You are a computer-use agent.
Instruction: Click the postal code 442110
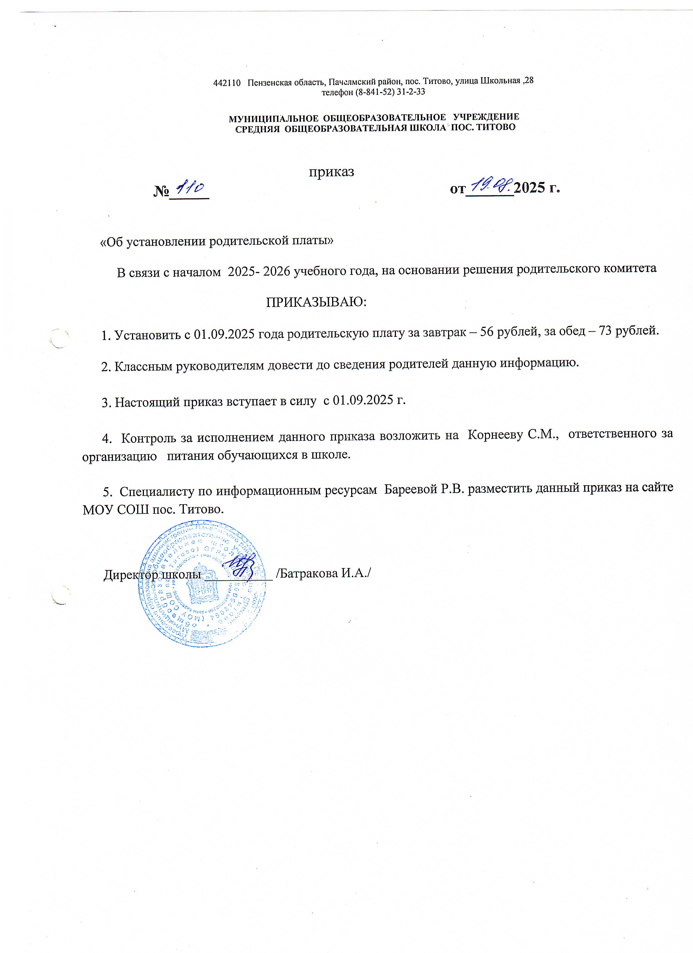click(x=226, y=83)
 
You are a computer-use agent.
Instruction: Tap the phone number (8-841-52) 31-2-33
click(x=390, y=92)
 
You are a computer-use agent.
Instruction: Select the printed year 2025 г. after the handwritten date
click(x=537, y=188)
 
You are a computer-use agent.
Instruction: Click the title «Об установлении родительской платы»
click(x=216, y=241)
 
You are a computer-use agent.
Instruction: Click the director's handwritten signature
click(x=239, y=565)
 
